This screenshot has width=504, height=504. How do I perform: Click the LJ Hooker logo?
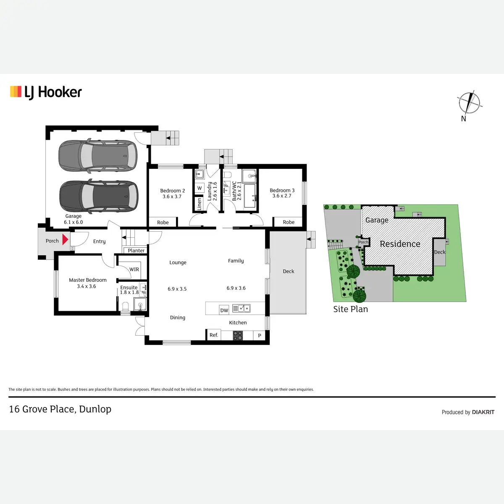pyautogui.click(x=46, y=92)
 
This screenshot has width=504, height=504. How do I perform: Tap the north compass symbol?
pyautogui.click(x=469, y=102)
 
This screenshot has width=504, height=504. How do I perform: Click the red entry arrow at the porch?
pyautogui.click(x=65, y=239)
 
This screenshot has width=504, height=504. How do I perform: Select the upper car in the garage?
pyautogui.click(x=98, y=156)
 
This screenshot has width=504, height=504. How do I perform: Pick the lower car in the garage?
pyautogui.click(x=99, y=197)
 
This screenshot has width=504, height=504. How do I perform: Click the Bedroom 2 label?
pyautogui.click(x=172, y=191)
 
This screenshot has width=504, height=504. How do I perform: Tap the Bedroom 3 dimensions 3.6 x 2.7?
pyautogui.click(x=282, y=196)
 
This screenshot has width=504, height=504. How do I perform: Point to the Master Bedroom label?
pyautogui.click(x=88, y=280)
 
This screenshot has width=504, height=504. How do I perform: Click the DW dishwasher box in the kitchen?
pyautogui.click(x=224, y=310)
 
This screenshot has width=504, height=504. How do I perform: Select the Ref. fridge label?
pyautogui.click(x=214, y=335)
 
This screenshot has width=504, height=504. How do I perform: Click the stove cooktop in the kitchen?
pyautogui.click(x=238, y=336)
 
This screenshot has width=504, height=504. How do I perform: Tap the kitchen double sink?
pyautogui.click(x=241, y=309)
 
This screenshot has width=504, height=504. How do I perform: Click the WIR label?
pyautogui.click(x=134, y=270)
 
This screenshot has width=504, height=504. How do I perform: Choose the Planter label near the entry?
pyautogui.click(x=136, y=251)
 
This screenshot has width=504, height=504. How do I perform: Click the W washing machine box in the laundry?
pyautogui.click(x=199, y=188)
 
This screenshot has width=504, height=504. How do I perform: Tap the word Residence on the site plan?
pyautogui.click(x=400, y=244)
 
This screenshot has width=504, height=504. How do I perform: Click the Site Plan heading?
pyautogui.click(x=350, y=309)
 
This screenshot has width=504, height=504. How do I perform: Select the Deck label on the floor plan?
pyautogui.click(x=289, y=271)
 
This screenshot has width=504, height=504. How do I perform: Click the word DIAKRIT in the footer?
pyautogui.click(x=483, y=412)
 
